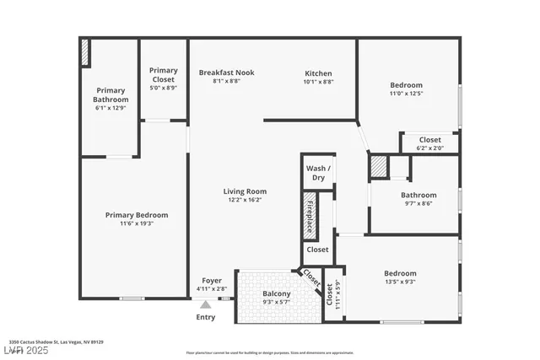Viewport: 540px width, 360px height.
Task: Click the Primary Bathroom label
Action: [x=111, y=94]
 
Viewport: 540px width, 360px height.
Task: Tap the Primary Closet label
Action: [x=163, y=74]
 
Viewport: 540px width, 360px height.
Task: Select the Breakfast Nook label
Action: [x=226, y=73]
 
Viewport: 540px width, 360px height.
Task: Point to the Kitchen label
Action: [x=318, y=73]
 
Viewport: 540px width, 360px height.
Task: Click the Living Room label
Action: [x=245, y=191]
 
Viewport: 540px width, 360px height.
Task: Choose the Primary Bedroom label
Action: [x=136, y=215]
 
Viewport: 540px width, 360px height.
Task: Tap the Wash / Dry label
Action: [x=318, y=172]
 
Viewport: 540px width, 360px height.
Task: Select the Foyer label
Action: [x=212, y=281]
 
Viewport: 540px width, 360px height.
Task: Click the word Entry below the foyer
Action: [x=206, y=317]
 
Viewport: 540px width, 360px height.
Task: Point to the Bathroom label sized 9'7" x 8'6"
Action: [x=418, y=195]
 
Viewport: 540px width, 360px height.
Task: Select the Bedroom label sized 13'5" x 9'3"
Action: [x=400, y=273]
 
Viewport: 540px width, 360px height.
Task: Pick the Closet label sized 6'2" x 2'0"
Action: [x=429, y=140]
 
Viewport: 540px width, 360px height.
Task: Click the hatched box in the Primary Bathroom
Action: [x=85, y=52]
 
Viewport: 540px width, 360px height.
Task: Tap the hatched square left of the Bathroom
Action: [x=379, y=167]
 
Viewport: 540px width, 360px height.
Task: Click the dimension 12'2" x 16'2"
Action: [x=245, y=200]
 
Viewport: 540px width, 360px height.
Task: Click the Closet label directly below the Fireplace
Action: [x=317, y=250]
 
